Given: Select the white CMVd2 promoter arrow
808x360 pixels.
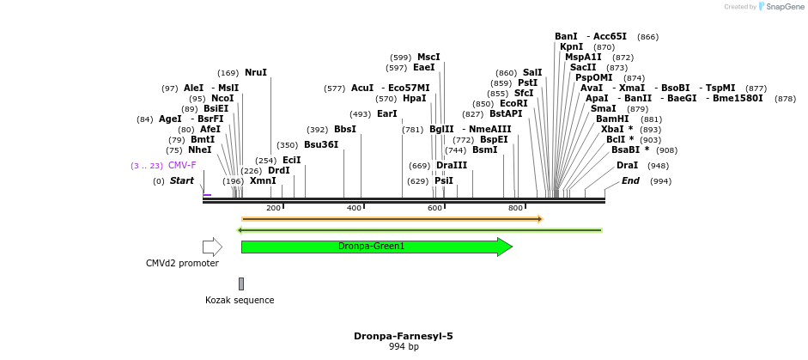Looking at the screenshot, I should [212, 247].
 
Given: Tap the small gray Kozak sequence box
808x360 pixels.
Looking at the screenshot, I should [241, 284].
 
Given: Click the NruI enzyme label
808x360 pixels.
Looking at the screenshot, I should [256, 73].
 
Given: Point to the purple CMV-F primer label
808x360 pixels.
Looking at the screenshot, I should [182, 165].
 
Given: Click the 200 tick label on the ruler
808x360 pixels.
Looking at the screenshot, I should [273, 208].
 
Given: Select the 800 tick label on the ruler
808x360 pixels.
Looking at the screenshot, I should [515, 208].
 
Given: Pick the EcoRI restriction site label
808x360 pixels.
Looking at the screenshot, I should [513, 103].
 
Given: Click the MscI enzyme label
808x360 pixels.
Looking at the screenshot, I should [428, 57].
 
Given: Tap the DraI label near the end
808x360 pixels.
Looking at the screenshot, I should [627, 165].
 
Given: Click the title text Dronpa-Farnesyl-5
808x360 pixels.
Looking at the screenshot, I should [403, 336].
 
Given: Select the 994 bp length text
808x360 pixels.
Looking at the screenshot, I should [404, 347].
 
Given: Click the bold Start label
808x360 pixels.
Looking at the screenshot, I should [181, 180].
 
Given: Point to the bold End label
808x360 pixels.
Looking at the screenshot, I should [630, 180].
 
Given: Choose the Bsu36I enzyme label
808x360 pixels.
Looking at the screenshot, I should [321, 144].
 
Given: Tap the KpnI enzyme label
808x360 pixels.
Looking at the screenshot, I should [571, 46].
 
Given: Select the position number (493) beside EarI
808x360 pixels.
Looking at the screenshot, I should [361, 113].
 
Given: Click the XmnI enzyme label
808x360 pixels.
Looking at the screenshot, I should [263, 180].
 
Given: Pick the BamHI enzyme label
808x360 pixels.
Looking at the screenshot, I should [612, 119].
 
